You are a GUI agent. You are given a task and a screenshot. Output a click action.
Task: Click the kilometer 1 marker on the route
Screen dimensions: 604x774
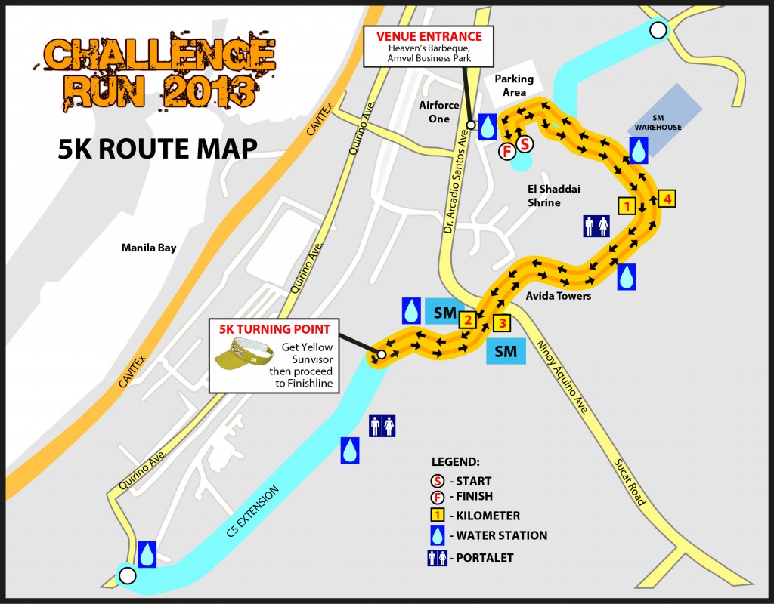[x=626, y=205]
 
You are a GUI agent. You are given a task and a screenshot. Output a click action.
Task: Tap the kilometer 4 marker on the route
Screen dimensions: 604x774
[x=666, y=199]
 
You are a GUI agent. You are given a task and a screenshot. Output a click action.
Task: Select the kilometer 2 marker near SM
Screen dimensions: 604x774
[x=467, y=320]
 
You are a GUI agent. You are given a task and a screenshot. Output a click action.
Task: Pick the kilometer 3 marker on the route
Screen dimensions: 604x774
[x=502, y=323]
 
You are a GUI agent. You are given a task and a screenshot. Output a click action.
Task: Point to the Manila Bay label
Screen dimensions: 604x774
[x=149, y=248]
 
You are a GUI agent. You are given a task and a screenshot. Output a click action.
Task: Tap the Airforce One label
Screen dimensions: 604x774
[x=439, y=112]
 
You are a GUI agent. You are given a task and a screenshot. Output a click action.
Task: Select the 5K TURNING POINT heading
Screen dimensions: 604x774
[x=274, y=330]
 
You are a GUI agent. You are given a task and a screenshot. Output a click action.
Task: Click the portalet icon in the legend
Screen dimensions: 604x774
[x=436, y=558]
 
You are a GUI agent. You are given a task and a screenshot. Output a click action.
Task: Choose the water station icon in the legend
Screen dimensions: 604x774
[x=436, y=535]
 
